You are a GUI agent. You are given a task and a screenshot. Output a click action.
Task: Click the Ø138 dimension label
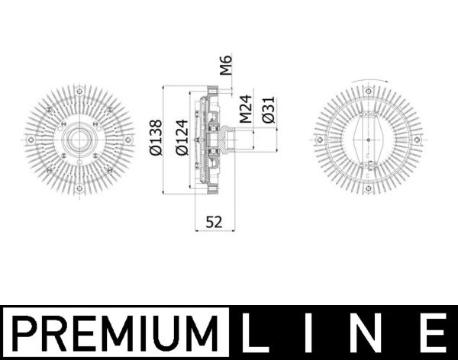click(156, 137)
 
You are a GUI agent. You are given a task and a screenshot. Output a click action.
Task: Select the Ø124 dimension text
click(182, 137)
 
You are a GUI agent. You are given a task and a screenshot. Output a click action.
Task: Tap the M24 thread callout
click(246, 109)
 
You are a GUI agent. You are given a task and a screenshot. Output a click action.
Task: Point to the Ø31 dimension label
click(269, 110)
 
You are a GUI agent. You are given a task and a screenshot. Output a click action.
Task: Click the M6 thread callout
click(226, 65)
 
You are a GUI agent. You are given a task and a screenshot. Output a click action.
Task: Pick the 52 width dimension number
click(214, 222)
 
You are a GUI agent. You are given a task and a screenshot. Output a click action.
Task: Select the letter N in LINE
click(366, 333)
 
